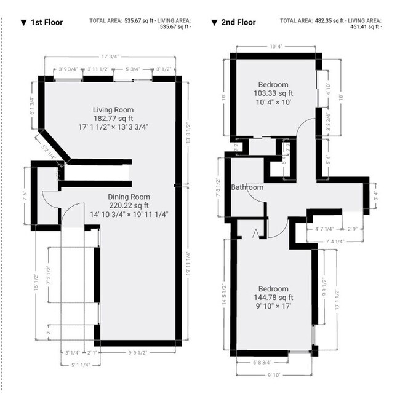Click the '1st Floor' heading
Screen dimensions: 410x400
click(47, 23)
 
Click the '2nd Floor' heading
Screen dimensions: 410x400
click(238, 23)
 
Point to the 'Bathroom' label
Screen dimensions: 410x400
click(247, 187)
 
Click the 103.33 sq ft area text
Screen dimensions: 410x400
click(273, 93)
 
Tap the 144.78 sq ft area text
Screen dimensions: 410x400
click(273, 298)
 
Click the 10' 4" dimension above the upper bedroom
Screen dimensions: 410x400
click(276, 47)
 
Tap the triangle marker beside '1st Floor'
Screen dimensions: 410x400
click(23, 23)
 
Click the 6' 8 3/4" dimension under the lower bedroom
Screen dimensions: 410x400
click(263, 363)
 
